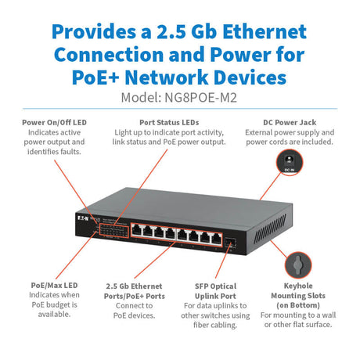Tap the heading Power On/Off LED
tap(53, 122)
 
